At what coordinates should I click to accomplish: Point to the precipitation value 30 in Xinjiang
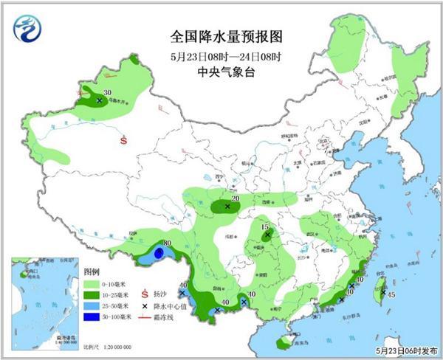pyautogui.click(x=108, y=92)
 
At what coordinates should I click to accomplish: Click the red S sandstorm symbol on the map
pyautogui.click(x=124, y=138)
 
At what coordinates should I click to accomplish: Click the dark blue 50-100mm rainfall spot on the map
pyautogui.click(x=159, y=254)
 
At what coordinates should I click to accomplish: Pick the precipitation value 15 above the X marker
pyautogui.click(x=266, y=226)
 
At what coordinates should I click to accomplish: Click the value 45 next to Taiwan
pyautogui.click(x=391, y=294)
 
